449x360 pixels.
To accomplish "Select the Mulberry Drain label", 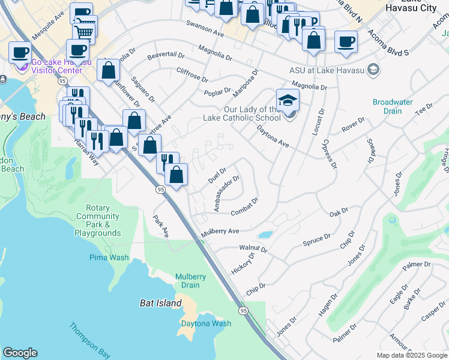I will tap(191, 281).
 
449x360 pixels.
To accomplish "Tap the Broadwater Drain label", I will tap(393, 106).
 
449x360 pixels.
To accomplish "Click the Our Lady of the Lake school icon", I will tap(288, 101).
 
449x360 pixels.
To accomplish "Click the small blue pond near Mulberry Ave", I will tap(264, 235).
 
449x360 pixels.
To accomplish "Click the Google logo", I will tap(20, 353).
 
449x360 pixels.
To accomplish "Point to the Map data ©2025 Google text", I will tap(411, 355).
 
